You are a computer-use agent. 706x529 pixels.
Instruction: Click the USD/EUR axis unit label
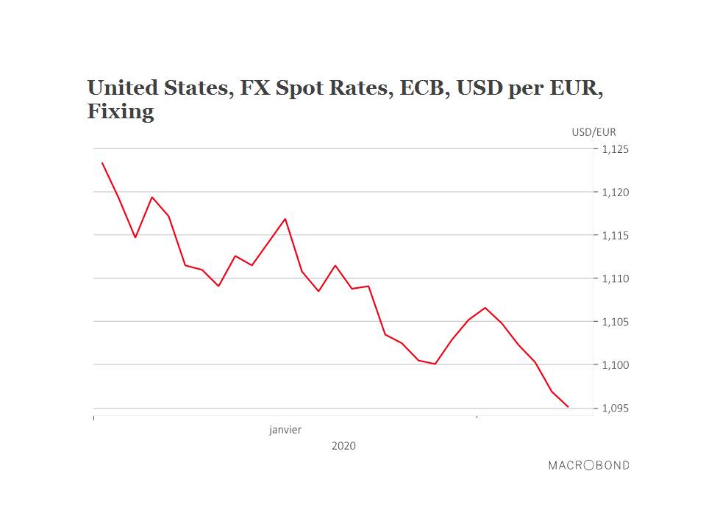(x=593, y=132)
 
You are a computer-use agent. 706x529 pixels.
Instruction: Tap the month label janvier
(x=285, y=430)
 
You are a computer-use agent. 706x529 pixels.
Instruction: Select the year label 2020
(x=343, y=446)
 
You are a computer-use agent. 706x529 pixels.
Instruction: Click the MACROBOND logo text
(x=588, y=465)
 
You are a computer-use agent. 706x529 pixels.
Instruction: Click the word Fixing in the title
(x=121, y=112)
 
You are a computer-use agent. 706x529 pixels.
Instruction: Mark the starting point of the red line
(x=101, y=162)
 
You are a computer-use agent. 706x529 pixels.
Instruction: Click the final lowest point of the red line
(x=568, y=406)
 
